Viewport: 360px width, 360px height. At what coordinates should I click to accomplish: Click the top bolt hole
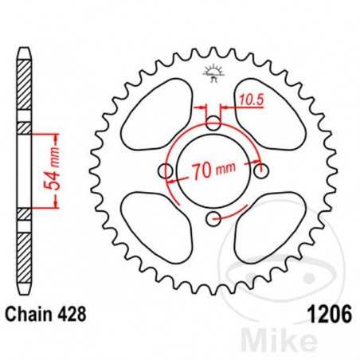(213, 123)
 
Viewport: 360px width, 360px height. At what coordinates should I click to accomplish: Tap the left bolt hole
(166, 171)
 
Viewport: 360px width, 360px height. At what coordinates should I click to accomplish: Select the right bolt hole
(260, 169)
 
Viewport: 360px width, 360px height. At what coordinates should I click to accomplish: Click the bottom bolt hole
(213, 217)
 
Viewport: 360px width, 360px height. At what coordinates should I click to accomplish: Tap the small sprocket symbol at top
(213, 73)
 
